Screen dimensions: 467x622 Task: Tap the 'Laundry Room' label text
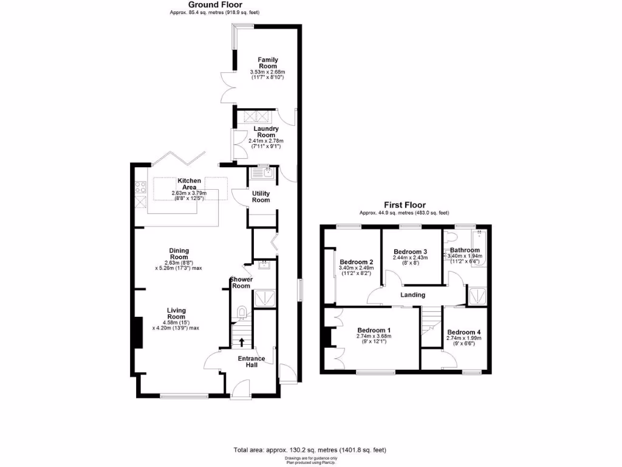pyautogui.click(x=267, y=132)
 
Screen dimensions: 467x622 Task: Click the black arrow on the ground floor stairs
pyautogui.click(x=242, y=342)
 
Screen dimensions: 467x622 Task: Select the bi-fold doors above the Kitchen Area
pyautogui.click(x=176, y=157)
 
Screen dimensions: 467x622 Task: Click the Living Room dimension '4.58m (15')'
pyautogui.click(x=176, y=323)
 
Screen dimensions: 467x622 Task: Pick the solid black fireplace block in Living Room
pyautogui.click(x=138, y=333)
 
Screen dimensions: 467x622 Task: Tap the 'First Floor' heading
pyautogui.click(x=404, y=206)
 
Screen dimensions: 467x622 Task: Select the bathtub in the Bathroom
pyautogui.click(x=479, y=255)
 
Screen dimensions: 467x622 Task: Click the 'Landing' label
pyautogui.click(x=412, y=295)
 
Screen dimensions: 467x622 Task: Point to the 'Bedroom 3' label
pyautogui.click(x=410, y=252)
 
